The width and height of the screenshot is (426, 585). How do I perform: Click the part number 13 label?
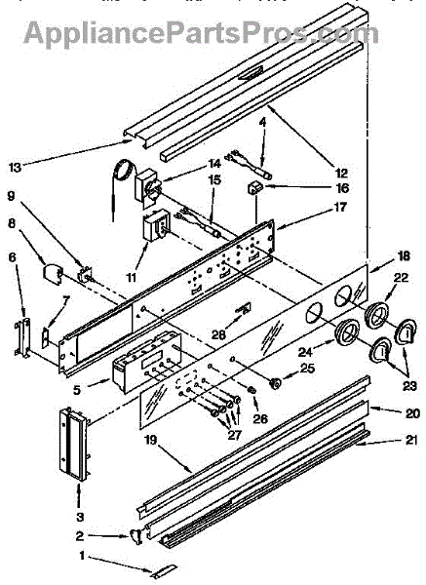point(16,168)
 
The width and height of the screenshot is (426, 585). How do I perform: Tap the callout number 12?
point(341,174)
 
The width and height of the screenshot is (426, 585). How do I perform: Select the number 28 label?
point(218,334)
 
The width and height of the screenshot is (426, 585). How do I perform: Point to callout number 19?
point(152,441)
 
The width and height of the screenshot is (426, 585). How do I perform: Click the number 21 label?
point(410,441)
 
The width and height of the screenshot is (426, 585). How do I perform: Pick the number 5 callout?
point(76,390)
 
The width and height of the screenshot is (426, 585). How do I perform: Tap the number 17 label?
point(340,207)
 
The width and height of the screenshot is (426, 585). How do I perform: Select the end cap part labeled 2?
point(136,537)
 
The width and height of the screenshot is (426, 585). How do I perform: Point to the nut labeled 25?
point(276,383)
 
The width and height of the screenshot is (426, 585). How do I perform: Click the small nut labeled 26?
point(252,390)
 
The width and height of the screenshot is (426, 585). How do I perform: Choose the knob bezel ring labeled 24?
point(347,332)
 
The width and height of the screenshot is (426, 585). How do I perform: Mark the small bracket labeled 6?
point(22,338)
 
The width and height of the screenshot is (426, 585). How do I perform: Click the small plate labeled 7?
point(46,337)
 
